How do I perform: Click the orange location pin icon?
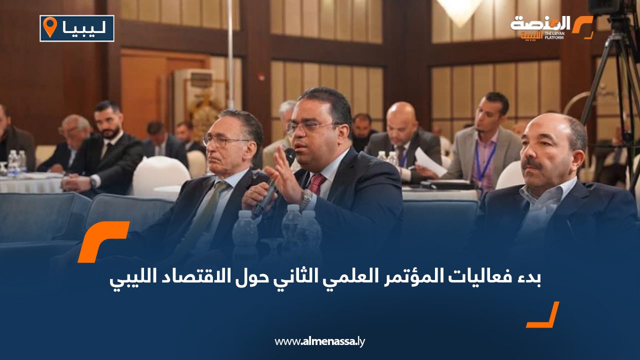(x=50, y=27)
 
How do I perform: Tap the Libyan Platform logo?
(x=550, y=27)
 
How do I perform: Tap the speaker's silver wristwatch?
(x=305, y=199)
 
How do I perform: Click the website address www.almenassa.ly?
(x=320, y=341)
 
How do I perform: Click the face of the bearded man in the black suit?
(x=109, y=121)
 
